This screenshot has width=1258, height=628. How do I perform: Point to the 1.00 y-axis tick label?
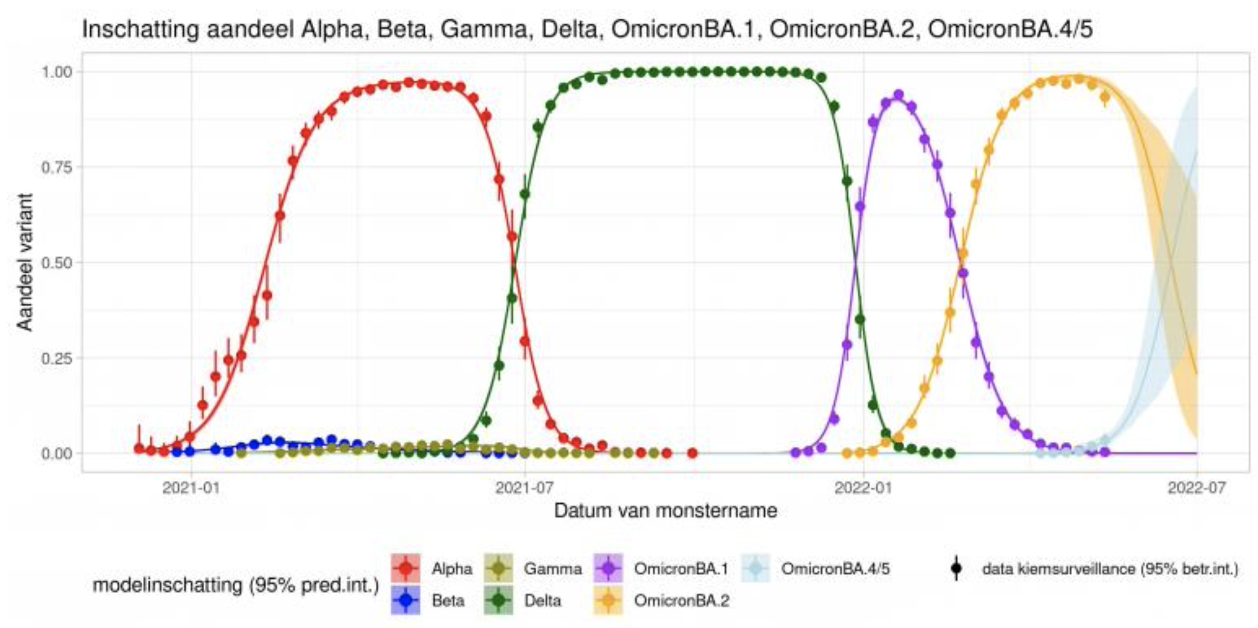pos(56,72)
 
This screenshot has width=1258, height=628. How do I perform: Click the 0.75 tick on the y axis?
pos(56,167)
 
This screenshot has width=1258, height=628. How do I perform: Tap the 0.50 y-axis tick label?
pos(56,262)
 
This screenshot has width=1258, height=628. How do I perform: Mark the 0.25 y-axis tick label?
pos(56,358)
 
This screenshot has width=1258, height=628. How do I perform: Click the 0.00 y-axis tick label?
pos(56,453)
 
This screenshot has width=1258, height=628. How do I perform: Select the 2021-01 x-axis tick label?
pos(191,488)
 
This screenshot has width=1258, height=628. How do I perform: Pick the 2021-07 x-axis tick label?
pos(524,488)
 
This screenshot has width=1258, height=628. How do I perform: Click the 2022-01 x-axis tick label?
pos(863,488)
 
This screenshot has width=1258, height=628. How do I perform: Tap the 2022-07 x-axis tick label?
pos(1197,488)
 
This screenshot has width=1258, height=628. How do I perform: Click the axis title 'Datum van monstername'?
pos(665,511)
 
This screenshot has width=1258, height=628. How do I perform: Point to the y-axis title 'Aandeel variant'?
pos(25,262)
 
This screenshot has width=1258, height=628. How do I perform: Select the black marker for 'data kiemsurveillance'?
pos(956,569)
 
